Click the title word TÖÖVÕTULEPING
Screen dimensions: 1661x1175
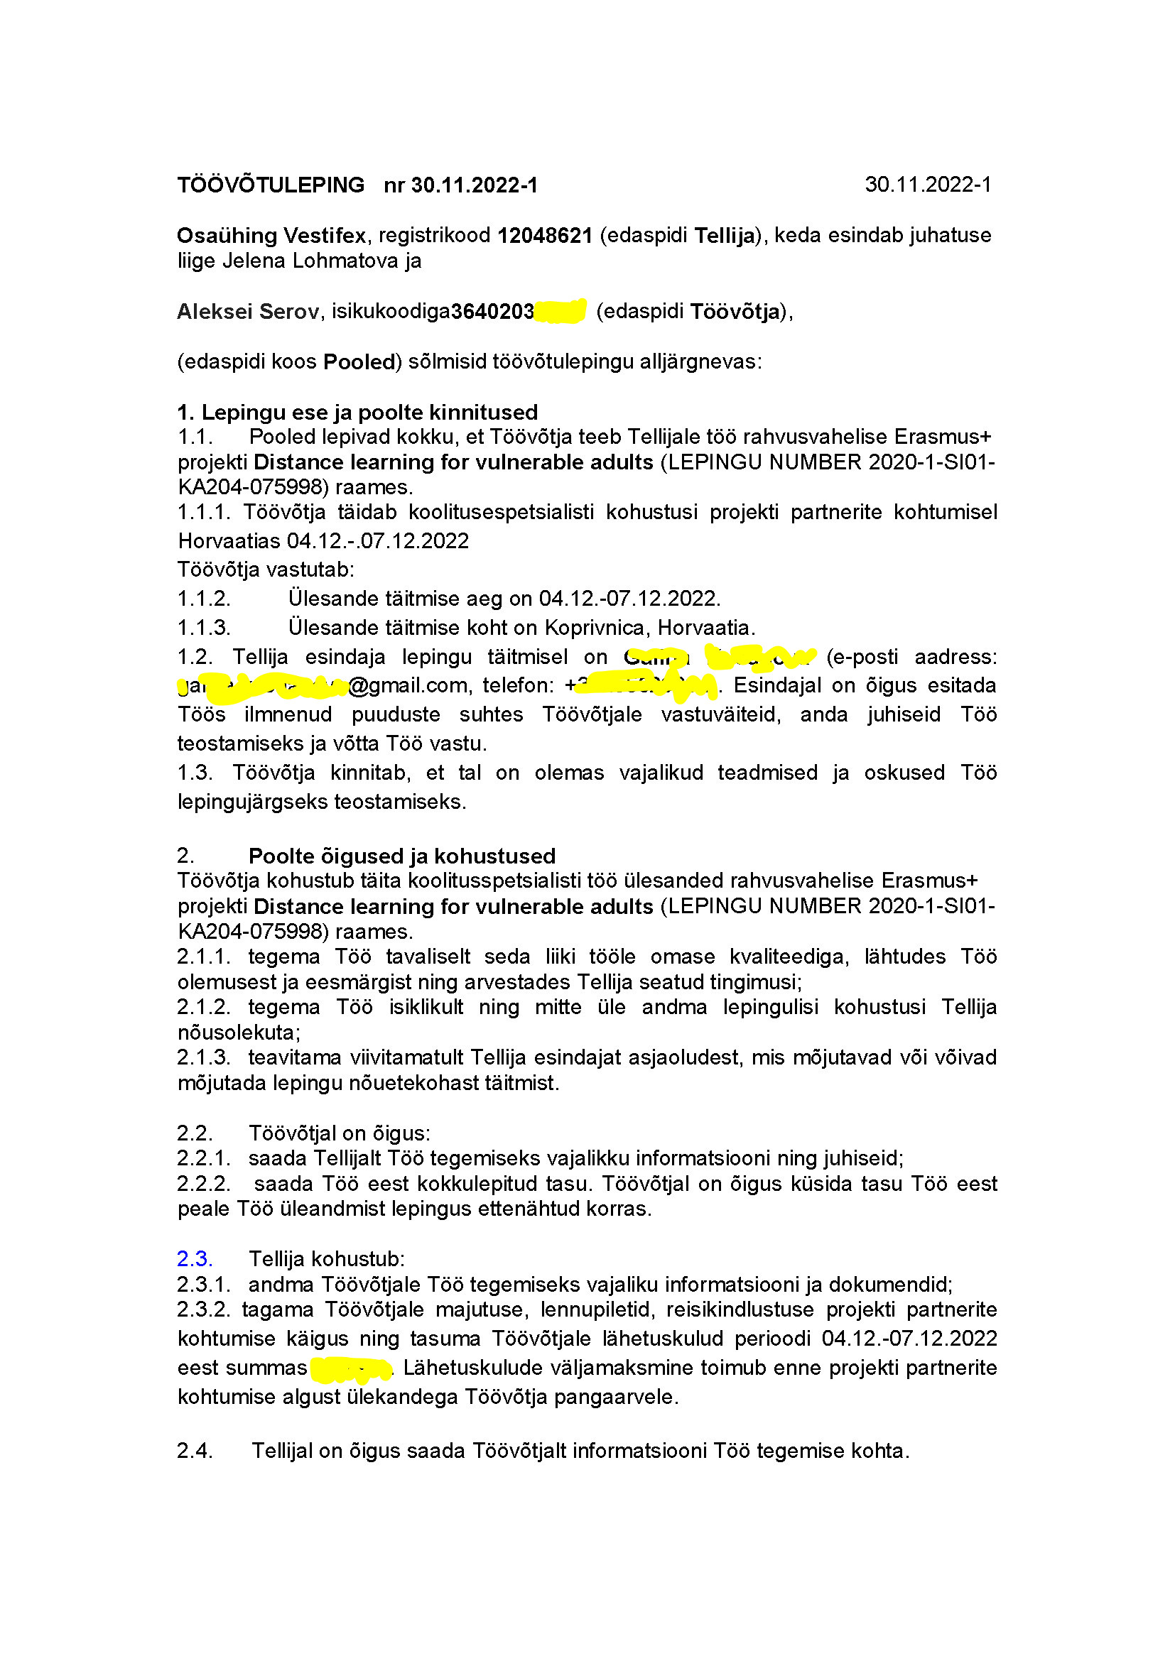(x=271, y=185)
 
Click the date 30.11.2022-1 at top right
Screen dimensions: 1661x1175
(x=928, y=185)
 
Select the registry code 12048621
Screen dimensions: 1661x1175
(x=545, y=236)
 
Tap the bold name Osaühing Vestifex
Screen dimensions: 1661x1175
(x=271, y=236)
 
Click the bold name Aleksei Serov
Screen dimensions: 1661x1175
(x=247, y=312)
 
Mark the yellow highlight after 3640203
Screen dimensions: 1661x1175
(x=560, y=311)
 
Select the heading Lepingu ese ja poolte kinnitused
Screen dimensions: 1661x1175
(x=369, y=413)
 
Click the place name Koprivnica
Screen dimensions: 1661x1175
(x=595, y=627)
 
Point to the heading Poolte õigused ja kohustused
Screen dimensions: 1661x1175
(x=401, y=856)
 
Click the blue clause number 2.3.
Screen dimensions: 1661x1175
(x=195, y=1259)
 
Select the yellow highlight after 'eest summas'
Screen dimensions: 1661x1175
(x=350, y=1368)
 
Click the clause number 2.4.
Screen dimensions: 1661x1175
(x=195, y=1451)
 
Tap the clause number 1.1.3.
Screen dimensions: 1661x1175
(x=204, y=627)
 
